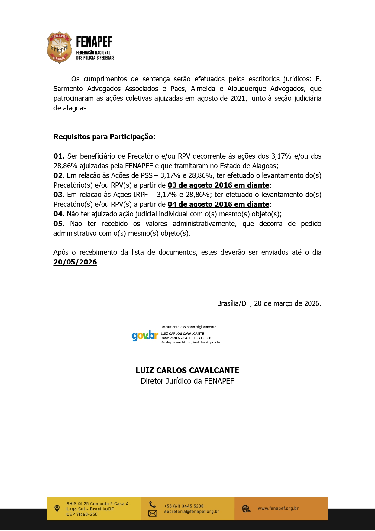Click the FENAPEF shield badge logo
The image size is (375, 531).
point(59,48)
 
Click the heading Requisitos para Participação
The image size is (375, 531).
point(104,137)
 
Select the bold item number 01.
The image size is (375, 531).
point(59,156)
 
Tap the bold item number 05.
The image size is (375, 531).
point(59,224)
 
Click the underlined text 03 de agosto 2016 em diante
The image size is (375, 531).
point(218,185)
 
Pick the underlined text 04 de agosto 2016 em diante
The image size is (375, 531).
point(218,204)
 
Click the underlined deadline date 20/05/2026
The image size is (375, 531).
point(75,262)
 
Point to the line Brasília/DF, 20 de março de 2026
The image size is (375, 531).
point(269,303)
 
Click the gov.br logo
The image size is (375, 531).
point(145,336)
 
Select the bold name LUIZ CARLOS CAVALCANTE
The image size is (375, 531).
point(187,370)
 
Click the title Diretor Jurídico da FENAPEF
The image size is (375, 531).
point(187,381)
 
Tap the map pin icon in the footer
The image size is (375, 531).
point(57,509)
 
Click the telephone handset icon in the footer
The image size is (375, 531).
point(153,504)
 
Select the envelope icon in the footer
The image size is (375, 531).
point(153,513)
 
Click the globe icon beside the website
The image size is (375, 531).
point(246,509)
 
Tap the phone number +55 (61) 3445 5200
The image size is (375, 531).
point(184,506)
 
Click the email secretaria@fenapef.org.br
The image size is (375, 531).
point(192,512)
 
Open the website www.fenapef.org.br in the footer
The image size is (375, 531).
point(278,508)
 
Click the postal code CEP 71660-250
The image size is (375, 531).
point(82,514)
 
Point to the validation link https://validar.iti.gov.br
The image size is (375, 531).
point(201,342)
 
